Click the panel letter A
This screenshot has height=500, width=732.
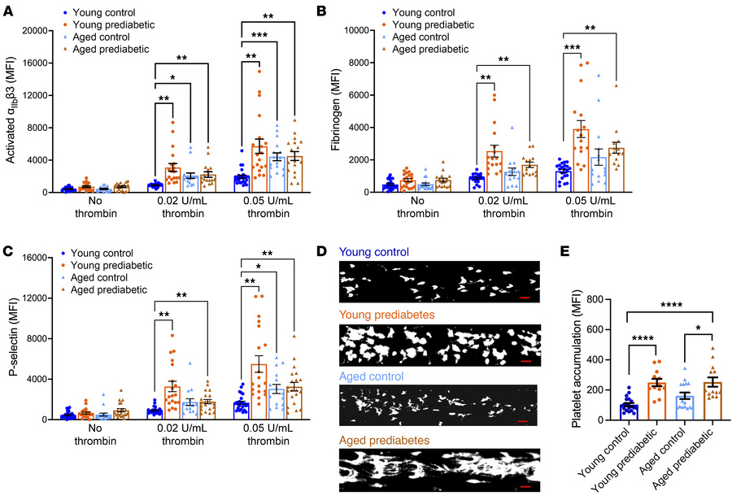pyautogui.click(x=8, y=11)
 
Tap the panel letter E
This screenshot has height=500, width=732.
pyautogui.click(x=565, y=251)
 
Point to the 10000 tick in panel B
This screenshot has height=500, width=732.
pyautogui.click(x=358, y=30)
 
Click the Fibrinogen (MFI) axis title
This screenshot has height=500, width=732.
pyautogui.click(x=335, y=111)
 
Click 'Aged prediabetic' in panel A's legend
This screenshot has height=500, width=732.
pyautogui.click(x=111, y=49)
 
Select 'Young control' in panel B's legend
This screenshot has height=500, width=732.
pyautogui.click(x=424, y=13)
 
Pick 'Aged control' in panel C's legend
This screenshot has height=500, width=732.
pyautogui.click(x=99, y=277)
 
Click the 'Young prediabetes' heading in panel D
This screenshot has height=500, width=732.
pyautogui.click(x=387, y=315)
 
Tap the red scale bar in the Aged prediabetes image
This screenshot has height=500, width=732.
pyautogui.click(x=525, y=486)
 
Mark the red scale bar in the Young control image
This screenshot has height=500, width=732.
pyautogui.click(x=525, y=297)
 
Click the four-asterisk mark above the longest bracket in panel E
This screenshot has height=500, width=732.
pyautogui.click(x=671, y=306)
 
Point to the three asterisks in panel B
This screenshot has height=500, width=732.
pyautogui.click(x=573, y=48)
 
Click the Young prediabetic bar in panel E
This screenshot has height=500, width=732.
pyautogui.click(x=656, y=402)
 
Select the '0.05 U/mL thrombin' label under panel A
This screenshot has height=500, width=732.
pyautogui.click(x=268, y=207)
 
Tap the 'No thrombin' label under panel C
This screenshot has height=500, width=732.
pyautogui.click(x=95, y=435)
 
